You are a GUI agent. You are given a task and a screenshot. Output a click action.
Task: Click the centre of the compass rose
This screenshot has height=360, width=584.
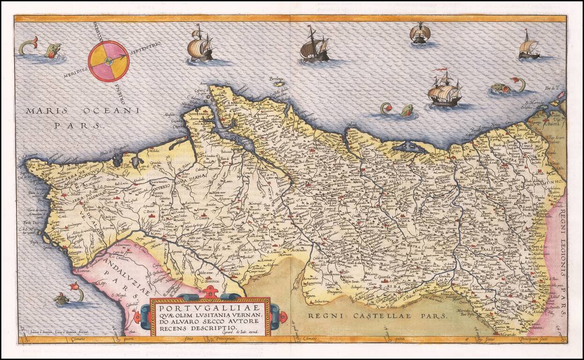pyautogui.click(x=109, y=61)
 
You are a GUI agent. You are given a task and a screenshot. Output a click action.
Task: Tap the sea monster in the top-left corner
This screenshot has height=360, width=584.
pyautogui.click(x=42, y=49)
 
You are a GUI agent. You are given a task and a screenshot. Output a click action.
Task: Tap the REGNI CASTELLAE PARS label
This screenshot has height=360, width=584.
pyautogui.click(x=377, y=316)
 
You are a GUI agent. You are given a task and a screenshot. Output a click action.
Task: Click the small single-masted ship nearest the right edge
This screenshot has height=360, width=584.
pyautogui.click(x=529, y=46)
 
